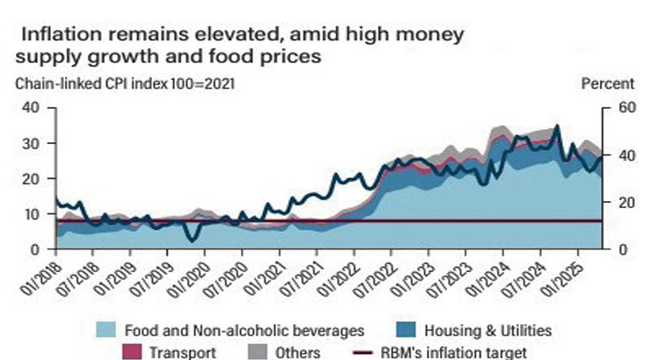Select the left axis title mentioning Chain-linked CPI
click(x=122, y=84)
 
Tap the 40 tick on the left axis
click(x=30, y=107)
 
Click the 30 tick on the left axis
click(x=30, y=143)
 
